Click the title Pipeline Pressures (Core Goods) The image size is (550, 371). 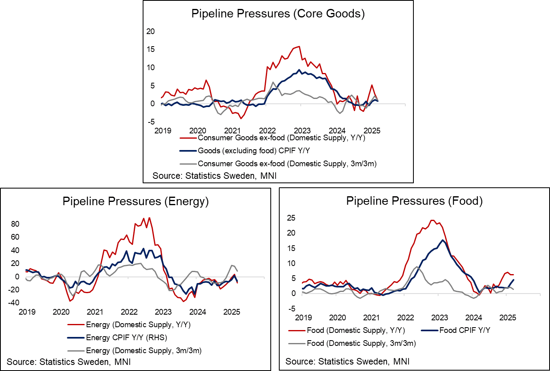click(x=278, y=14)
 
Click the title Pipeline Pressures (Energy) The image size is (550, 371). click(x=135, y=202)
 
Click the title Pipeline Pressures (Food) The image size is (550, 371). click(x=414, y=201)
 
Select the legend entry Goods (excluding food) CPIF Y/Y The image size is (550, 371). click(x=254, y=151)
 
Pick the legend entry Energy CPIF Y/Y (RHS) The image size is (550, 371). click(x=126, y=338)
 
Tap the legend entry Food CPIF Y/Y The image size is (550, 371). click(x=464, y=330)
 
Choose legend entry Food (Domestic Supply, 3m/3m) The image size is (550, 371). click(x=361, y=343)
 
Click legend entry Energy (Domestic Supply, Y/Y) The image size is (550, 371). click(x=138, y=325)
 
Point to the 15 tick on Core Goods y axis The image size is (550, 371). click(x=150, y=49)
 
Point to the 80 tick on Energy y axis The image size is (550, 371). click(x=15, y=224)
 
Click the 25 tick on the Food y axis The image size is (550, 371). click(x=291, y=218)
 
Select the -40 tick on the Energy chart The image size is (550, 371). click(x=13, y=302)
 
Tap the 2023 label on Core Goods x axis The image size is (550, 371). click(x=302, y=131)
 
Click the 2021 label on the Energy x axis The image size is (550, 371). click(x=95, y=312)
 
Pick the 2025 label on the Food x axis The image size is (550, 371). click(x=507, y=317)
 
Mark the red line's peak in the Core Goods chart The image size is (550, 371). click(x=299, y=47)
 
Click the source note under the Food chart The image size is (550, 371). click(x=347, y=361)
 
